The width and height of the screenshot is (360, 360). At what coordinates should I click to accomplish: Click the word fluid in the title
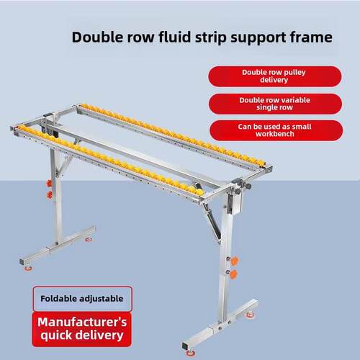[174, 37]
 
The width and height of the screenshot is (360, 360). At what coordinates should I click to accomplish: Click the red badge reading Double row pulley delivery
[274, 76]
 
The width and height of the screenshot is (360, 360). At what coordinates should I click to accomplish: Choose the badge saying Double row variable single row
[275, 104]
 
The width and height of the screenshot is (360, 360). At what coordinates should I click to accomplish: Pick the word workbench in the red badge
[275, 134]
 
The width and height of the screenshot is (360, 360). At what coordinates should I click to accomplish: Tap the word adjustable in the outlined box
[102, 299]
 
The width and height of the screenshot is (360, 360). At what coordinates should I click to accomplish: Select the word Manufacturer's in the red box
[82, 322]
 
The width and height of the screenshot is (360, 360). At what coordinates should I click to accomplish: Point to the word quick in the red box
[55, 336]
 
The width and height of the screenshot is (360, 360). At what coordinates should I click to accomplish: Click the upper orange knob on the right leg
[234, 261]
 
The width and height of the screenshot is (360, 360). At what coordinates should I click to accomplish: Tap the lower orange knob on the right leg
[233, 274]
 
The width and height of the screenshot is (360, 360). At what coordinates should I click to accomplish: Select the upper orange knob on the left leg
[49, 184]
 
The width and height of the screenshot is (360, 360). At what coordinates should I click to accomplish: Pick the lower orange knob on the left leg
[50, 194]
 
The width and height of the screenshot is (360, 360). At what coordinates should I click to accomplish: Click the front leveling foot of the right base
[191, 353]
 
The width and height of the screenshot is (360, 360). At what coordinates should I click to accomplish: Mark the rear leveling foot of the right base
[250, 314]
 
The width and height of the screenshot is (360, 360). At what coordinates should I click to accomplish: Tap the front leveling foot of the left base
[28, 268]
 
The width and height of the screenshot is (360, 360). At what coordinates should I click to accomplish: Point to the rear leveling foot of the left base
[89, 239]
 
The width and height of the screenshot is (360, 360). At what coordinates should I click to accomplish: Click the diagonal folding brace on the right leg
[212, 221]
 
